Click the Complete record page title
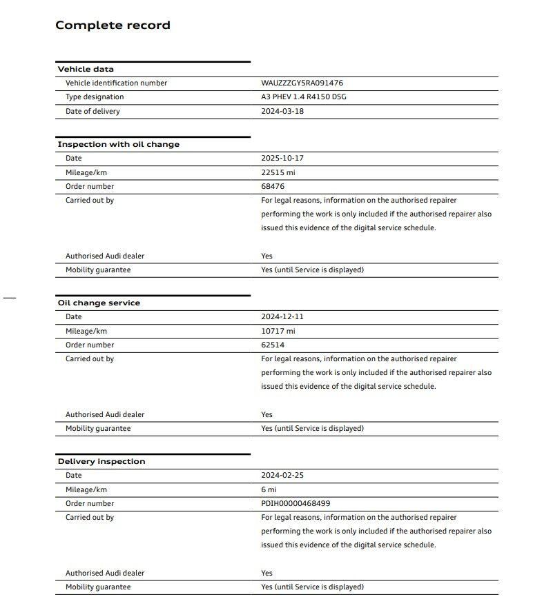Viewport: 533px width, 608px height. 113,26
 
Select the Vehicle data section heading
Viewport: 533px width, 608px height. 86,69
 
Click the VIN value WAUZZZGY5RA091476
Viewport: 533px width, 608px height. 302,83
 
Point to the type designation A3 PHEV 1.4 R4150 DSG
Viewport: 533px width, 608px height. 304,97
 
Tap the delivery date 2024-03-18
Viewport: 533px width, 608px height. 282,111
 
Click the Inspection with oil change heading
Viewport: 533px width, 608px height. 118,144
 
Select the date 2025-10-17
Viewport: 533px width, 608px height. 282,158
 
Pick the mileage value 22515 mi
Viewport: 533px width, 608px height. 278,172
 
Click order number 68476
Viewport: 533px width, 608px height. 273,186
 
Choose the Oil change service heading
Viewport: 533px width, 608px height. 99,303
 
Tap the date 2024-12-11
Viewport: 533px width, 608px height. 282,316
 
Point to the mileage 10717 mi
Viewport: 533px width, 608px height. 278,331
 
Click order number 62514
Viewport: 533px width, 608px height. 273,345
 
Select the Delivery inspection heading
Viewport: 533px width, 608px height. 101,461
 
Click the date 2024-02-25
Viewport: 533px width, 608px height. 282,475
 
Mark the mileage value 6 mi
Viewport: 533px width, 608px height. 269,489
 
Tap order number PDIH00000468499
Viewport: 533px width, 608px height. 295,503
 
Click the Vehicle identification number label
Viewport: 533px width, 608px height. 116,83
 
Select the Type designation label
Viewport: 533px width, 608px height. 95,97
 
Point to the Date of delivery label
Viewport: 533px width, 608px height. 93,111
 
